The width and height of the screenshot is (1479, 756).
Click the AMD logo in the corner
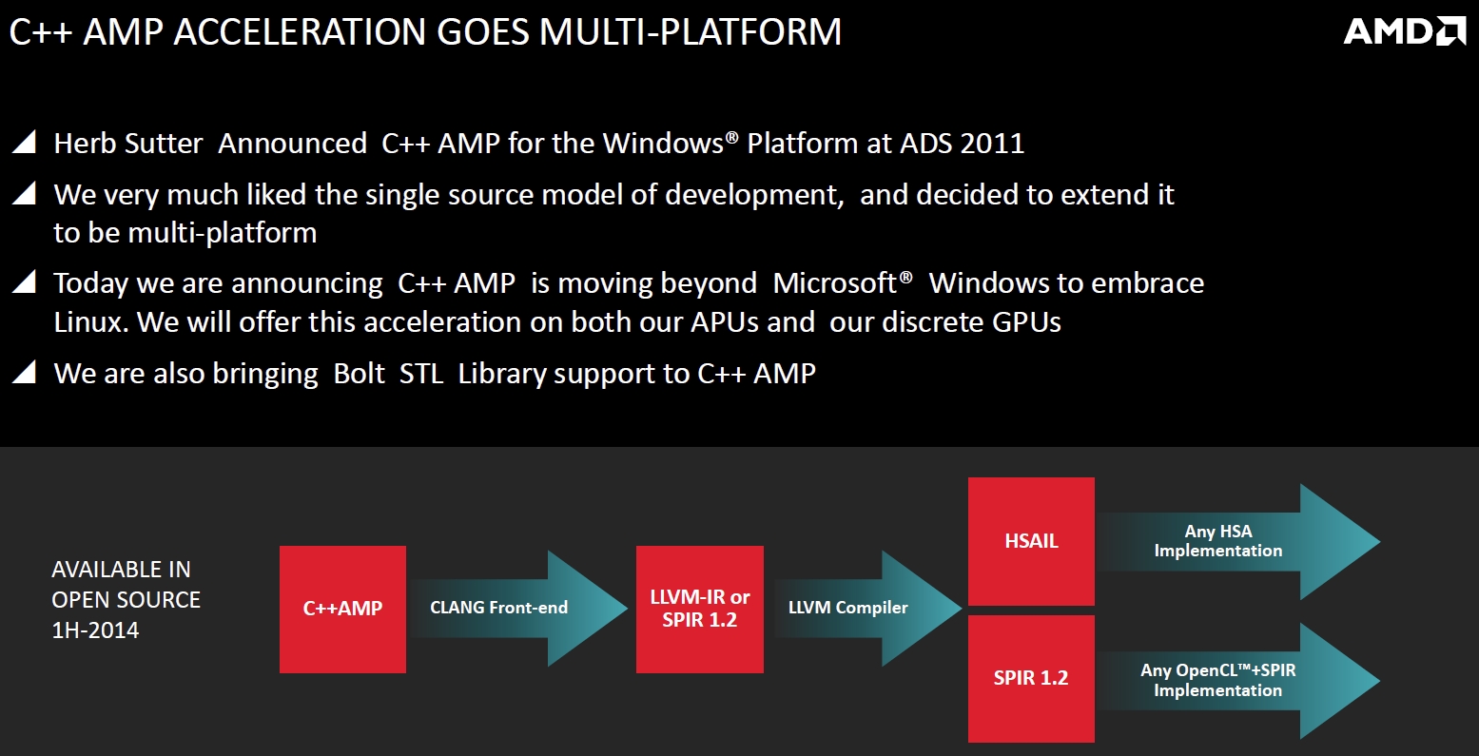tap(1404, 31)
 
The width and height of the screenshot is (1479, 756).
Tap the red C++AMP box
tap(342, 609)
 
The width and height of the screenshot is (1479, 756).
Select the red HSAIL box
tap(1031, 541)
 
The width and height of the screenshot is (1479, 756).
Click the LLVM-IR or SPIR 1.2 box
tap(700, 609)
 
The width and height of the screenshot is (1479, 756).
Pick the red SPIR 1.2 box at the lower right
tap(1031, 679)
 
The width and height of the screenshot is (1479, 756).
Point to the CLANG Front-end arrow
tap(518, 608)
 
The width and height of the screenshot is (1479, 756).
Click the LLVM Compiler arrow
tap(866, 608)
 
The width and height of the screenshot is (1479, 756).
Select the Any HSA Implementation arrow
tap(1238, 541)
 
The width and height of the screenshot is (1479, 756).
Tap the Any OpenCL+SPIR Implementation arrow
tap(1238, 681)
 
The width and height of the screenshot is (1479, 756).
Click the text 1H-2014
tap(95, 630)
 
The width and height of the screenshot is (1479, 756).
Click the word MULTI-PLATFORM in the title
tap(690, 31)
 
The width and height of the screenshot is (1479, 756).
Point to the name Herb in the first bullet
tap(84, 144)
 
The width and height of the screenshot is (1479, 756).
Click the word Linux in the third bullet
tap(90, 322)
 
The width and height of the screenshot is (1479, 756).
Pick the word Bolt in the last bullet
tap(359, 374)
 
